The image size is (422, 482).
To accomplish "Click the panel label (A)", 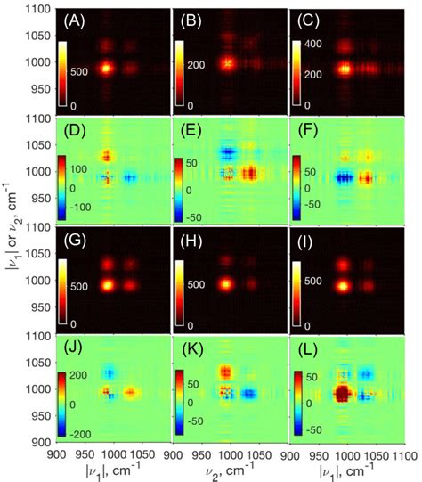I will coord(73,17).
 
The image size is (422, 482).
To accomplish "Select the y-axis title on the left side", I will coord(11,241).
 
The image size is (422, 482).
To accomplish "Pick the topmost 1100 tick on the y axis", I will coord(36,7).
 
